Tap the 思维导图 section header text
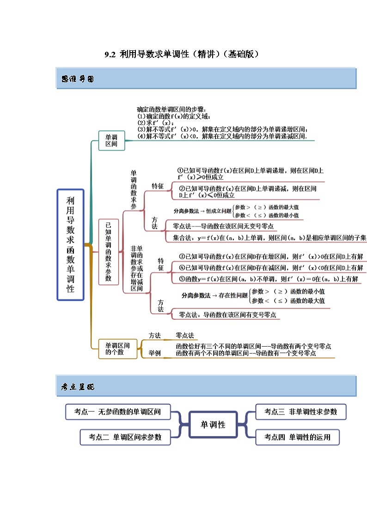[x=78, y=79]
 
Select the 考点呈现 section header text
[x=78, y=387]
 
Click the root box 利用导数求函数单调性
[x=70, y=244]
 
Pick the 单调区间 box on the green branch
[x=111, y=140]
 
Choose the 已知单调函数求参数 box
[x=108, y=252]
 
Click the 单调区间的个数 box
[x=117, y=348]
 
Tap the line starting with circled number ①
[x=251, y=171]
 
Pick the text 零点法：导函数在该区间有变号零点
[x=227, y=315]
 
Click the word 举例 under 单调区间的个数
[x=154, y=353]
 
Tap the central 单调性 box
[x=213, y=424]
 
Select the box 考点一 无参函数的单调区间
[x=117, y=412]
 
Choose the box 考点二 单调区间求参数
[x=125, y=437]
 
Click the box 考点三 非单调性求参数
[x=300, y=412]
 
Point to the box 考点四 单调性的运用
[x=297, y=437]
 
